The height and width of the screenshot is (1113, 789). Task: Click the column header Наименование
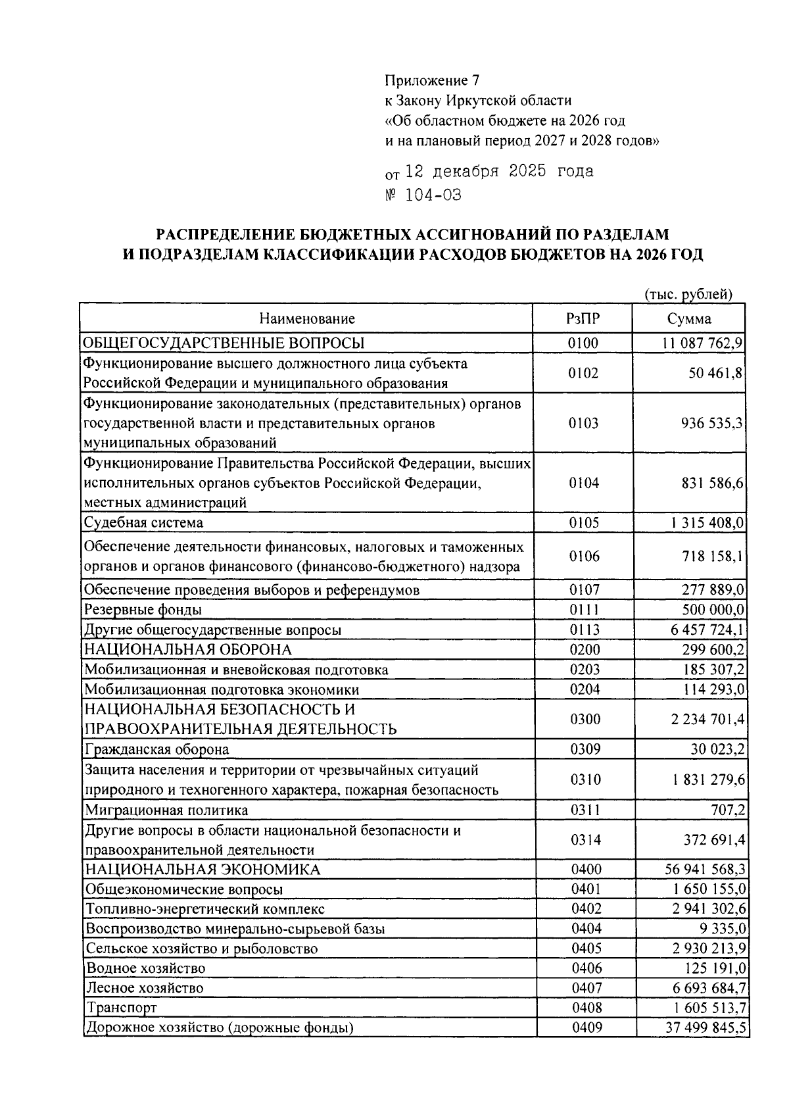(x=306, y=319)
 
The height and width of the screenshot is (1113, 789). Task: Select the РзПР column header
(x=583, y=319)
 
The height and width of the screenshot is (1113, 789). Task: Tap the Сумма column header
(x=688, y=319)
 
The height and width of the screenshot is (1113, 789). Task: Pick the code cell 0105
(x=584, y=523)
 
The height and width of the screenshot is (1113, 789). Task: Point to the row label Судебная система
(x=144, y=523)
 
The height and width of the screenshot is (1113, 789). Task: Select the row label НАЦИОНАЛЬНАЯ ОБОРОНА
(x=188, y=650)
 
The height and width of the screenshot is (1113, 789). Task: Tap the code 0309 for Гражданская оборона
(x=585, y=749)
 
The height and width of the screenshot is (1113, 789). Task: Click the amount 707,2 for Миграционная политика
(x=728, y=810)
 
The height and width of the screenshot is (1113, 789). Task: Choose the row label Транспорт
(x=121, y=1008)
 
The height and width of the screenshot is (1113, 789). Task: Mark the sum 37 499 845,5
(x=705, y=1027)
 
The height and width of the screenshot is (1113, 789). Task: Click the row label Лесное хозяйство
(x=145, y=988)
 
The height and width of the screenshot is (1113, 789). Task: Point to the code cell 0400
(x=586, y=870)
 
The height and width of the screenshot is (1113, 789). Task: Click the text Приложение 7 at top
(x=432, y=81)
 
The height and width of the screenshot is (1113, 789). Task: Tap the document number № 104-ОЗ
(x=423, y=195)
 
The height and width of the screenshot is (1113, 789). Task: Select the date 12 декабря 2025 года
(x=499, y=172)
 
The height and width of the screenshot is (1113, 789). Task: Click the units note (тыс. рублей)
(x=688, y=294)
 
